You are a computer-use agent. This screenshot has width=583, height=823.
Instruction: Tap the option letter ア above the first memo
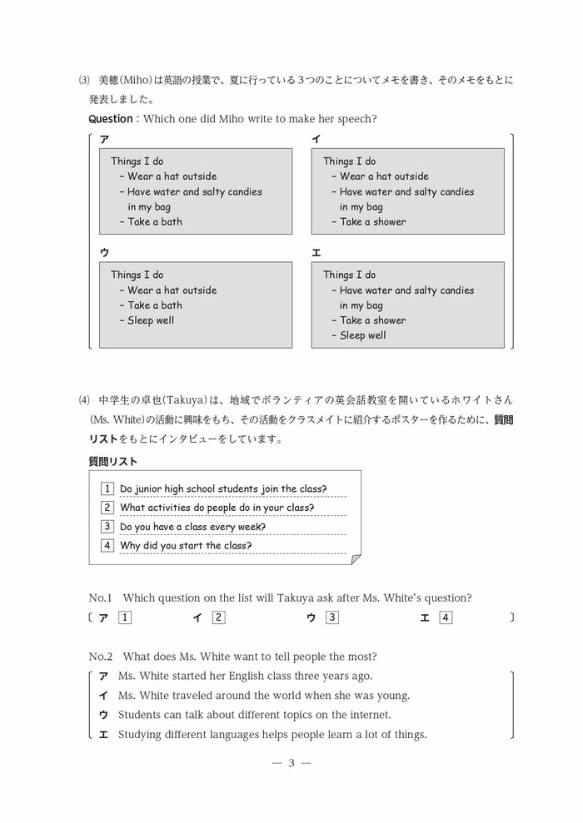tap(104, 140)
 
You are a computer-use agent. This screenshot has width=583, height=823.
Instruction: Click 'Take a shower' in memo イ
tap(372, 222)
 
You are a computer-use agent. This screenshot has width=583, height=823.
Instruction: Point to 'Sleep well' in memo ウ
tap(151, 320)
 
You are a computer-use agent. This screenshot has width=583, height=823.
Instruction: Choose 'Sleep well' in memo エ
tap(362, 335)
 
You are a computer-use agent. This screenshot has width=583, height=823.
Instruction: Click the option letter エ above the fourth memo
tap(316, 253)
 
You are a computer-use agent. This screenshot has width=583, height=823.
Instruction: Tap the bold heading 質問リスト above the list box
tap(113, 461)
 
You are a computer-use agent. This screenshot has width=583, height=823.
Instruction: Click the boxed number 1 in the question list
tap(107, 489)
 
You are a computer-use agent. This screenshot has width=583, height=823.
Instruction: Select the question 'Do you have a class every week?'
tap(192, 527)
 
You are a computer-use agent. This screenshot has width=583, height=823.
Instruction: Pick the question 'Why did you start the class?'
tap(186, 546)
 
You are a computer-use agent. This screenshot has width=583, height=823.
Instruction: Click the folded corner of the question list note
tap(356, 558)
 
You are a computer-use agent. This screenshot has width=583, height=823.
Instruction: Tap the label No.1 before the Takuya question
tap(100, 597)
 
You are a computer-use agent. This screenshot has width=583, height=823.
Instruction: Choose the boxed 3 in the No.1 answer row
tap(332, 617)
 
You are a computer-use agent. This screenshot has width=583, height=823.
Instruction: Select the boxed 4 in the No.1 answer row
tap(446, 617)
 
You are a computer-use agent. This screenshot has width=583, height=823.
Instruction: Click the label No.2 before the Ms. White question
tap(100, 657)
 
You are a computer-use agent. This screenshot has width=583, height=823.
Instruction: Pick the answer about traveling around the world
tap(264, 696)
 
